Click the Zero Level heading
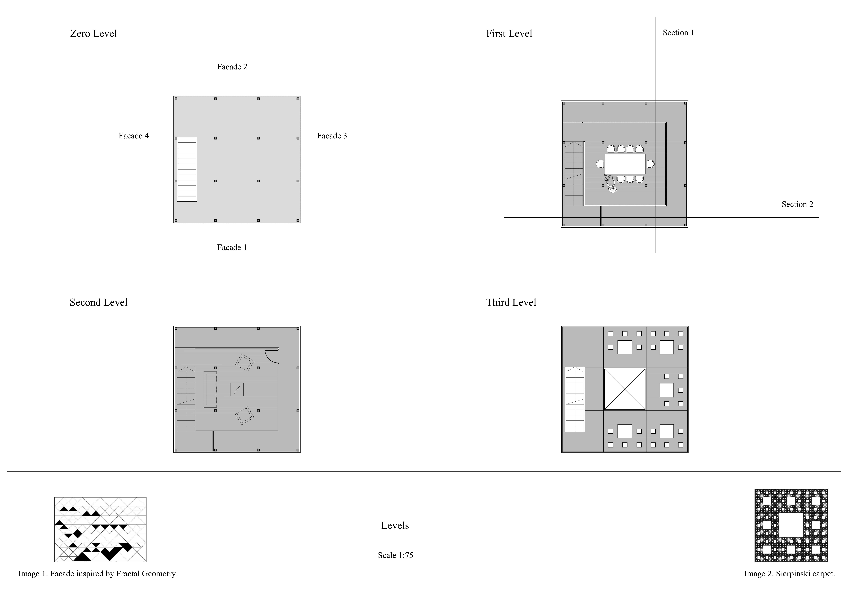[94, 34]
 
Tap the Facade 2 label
[232, 67]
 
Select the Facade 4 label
[134, 136]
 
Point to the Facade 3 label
[332, 136]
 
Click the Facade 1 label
[232, 248]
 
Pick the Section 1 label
[678, 33]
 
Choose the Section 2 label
[797, 204]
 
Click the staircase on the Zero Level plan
[187, 169]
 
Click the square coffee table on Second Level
[237, 389]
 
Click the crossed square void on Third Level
[625, 389]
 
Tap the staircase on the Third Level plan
[575, 399]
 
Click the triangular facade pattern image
[100, 529]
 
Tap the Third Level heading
[511, 303]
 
